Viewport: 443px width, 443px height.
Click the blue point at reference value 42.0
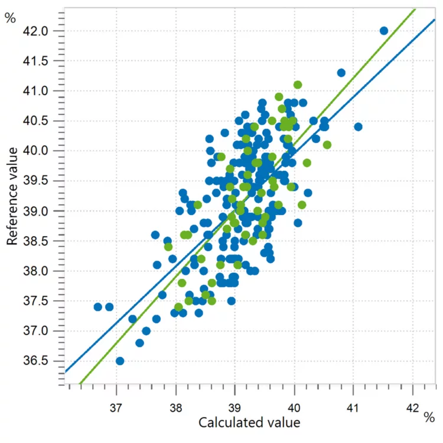(x=383, y=31)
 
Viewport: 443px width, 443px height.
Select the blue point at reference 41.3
(x=341, y=73)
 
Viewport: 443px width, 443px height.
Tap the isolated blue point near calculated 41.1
(x=358, y=126)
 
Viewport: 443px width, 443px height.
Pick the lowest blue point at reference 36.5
(x=120, y=361)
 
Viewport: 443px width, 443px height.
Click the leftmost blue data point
(x=98, y=307)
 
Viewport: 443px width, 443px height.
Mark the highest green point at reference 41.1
(x=298, y=85)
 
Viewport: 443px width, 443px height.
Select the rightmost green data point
(x=327, y=145)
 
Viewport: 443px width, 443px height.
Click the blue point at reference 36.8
(x=139, y=343)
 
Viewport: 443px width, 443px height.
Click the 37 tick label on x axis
(x=116, y=407)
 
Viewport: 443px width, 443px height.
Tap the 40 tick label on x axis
(x=294, y=407)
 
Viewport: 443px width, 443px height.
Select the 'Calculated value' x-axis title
(x=249, y=423)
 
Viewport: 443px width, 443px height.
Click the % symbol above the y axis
(x=10, y=18)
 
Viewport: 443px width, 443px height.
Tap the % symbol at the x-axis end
(x=429, y=418)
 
